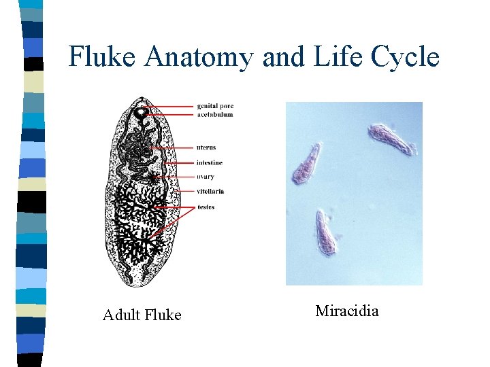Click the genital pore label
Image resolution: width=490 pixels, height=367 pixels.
coord(215,106)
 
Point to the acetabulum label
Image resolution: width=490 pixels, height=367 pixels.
coord(215,115)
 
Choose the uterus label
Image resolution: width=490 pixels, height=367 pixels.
coord(206,147)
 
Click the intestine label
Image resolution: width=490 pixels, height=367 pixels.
coord(210,163)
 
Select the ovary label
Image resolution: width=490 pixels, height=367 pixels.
coord(206,177)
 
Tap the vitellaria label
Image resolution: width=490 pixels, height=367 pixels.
coord(210,192)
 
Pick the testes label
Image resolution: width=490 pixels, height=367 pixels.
coord(206,207)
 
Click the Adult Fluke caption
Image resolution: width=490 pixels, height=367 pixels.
coord(142,315)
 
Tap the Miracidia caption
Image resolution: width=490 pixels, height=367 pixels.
coord(347,311)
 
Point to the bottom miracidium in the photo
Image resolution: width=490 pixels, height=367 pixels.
coord(326,232)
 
